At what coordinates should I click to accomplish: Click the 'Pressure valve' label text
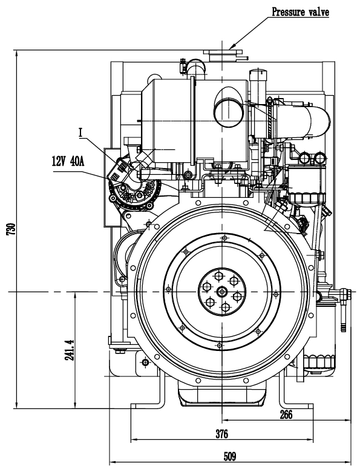(x=300, y=12)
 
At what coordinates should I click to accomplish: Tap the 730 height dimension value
(x=11, y=229)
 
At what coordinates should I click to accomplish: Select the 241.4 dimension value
(x=70, y=350)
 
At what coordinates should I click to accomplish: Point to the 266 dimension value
(x=286, y=415)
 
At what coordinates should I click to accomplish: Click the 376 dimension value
(x=222, y=434)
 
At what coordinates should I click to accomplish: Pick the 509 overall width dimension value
(x=230, y=457)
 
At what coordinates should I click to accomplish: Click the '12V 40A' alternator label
(x=68, y=162)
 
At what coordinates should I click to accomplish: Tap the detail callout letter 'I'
(x=80, y=133)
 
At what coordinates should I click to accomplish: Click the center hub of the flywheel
(x=222, y=292)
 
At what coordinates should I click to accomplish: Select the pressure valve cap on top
(x=222, y=54)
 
